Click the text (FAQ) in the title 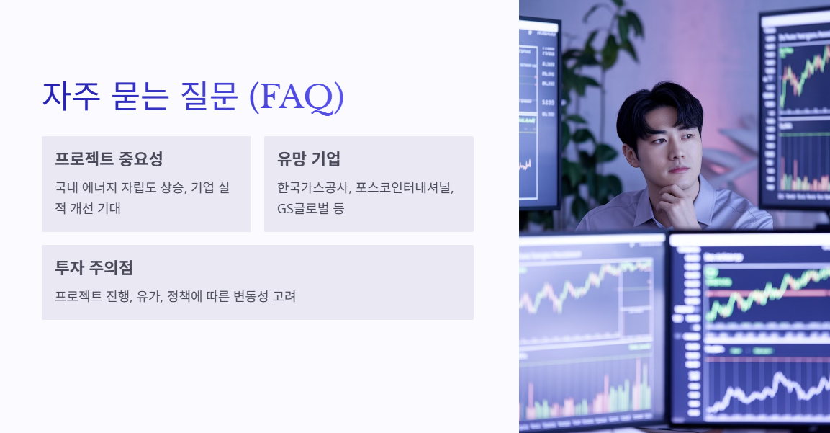(296, 97)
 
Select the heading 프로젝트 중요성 (109, 159)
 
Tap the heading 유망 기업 (309, 159)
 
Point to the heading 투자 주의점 (94, 268)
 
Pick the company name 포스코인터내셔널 (405, 187)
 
